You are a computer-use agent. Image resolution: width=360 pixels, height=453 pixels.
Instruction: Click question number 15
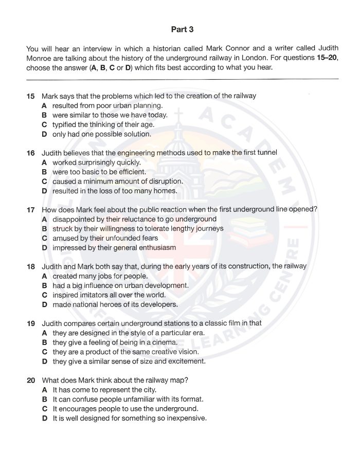click(x=30, y=96)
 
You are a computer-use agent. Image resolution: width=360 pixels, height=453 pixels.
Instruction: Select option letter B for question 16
click(x=44, y=172)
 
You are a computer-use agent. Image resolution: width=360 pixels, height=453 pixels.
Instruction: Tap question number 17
click(x=30, y=209)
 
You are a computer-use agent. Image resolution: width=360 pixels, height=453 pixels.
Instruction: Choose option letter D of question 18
click(x=44, y=304)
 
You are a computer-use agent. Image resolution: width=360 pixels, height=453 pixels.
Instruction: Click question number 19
click(x=30, y=323)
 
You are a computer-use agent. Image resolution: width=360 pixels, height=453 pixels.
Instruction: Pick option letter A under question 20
click(x=44, y=390)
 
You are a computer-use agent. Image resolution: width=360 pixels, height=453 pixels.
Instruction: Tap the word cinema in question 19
click(x=165, y=342)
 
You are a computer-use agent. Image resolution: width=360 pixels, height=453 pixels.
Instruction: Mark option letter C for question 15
click(x=44, y=124)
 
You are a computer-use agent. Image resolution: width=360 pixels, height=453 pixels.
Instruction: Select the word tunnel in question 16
click(x=266, y=153)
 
